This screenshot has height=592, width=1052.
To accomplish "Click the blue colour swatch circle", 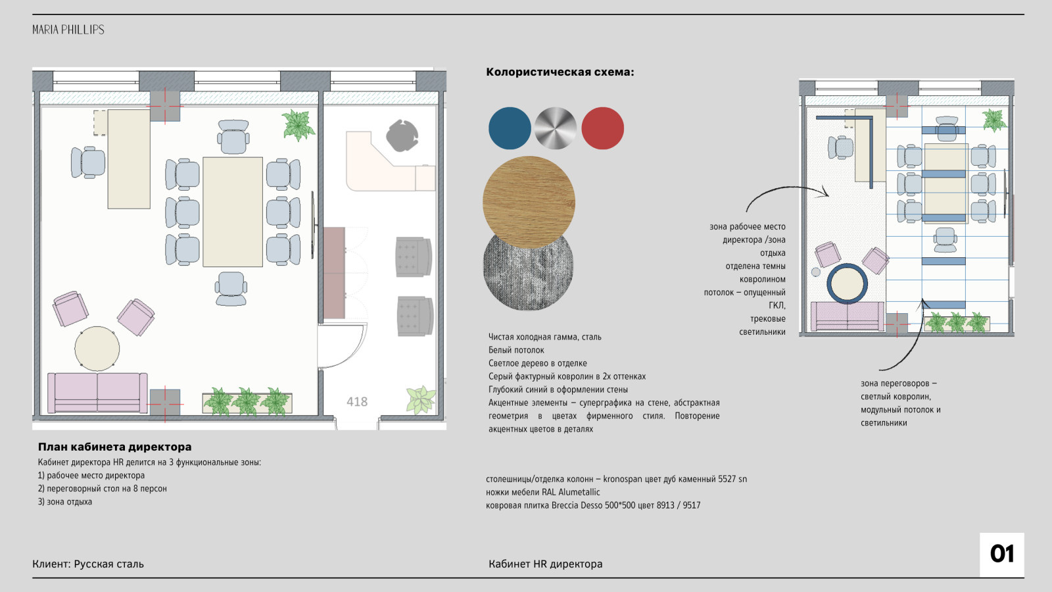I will (x=510, y=128).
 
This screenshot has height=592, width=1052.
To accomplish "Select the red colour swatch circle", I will (x=602, y=128).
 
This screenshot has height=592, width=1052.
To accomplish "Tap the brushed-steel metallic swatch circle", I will (x=556, y=128).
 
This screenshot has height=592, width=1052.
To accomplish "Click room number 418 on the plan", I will (x=357, y=401).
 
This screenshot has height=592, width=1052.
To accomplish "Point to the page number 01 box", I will (x=1002, y=555).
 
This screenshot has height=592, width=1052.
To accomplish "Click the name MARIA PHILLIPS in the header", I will (x=68, y=30).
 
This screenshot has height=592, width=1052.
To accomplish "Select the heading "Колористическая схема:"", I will (x=560, y=72).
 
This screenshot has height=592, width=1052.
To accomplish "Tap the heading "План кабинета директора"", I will (x=115, y=447).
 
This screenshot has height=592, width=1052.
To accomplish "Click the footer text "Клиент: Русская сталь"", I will (x=88, y=564).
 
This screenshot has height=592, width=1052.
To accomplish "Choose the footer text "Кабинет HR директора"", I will (x=546, y=564).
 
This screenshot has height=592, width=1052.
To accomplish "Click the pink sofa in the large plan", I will (x=97, y=393).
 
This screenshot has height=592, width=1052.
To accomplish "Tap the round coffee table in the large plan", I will (x=97, y=348).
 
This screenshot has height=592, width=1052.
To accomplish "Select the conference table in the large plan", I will (x=233, y=211).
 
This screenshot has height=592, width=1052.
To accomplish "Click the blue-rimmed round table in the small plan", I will (x=847, y=283).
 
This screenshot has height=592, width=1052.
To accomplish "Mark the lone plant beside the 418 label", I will (x=421, y=399).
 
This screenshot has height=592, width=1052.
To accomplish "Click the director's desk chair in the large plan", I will (x=88, y=162).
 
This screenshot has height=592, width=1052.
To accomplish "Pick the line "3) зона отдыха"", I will (x=65, y=502).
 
